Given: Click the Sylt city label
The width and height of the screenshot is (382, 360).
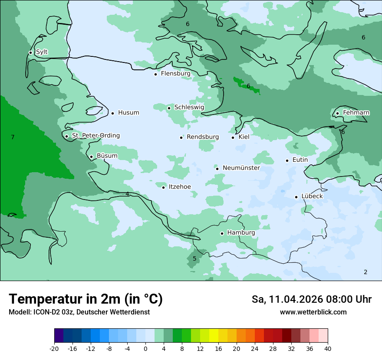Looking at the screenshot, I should click(x=42, y=52).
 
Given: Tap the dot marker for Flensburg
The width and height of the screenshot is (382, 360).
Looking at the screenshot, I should click(x=155, y=74).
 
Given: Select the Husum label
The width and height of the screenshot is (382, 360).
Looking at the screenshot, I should click(x=128, y=113).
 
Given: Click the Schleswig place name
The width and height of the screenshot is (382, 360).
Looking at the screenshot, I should click(x=189, y=107).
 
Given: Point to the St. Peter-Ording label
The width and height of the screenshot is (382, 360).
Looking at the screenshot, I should click(x=95, y=136).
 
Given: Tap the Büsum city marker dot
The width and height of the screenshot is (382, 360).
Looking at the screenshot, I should click(x=91, y=157).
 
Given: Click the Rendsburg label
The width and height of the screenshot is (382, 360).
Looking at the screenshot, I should click(x=203, y=137).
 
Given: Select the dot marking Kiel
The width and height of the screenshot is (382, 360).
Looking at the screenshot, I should click(x=233, y=137).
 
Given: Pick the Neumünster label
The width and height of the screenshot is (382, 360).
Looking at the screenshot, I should click(x=241, y=168).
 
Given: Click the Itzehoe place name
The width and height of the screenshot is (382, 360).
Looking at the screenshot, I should click(x=179, y=187).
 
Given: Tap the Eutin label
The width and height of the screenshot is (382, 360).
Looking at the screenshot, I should click(x=300, y=160).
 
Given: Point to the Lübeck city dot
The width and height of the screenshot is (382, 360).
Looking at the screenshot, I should click(x=296, y=197).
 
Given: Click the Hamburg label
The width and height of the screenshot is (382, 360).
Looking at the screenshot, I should click(x=241, y=233).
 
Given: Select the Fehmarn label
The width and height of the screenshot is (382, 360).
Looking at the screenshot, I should click(x=356, y=113).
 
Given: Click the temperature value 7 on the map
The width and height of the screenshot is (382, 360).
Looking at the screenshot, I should click(x=13, y=137).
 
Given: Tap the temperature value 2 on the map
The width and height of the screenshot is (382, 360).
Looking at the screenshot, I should click(x=366, y=272).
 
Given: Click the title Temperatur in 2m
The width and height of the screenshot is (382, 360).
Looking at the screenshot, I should click(x=86, y=299).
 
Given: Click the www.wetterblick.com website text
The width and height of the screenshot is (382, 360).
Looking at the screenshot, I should click(x=313, y=312).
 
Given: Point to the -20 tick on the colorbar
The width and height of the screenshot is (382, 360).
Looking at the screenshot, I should click(x=54, y=348).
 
